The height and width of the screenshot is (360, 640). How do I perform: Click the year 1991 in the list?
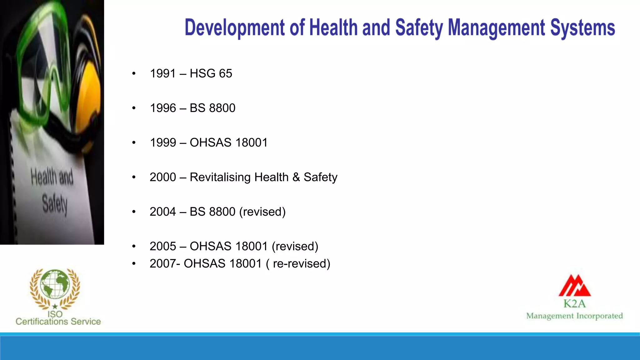162,73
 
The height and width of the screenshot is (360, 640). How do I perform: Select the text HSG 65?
211,73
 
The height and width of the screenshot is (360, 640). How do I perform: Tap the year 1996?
163,108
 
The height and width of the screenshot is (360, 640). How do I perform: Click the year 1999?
163,142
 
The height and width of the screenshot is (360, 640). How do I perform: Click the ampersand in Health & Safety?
296,177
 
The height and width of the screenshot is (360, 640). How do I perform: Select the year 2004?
163,212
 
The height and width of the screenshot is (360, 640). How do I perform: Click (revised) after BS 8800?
262,212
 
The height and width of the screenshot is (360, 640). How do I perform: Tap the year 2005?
163,246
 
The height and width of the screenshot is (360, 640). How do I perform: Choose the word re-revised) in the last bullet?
302,264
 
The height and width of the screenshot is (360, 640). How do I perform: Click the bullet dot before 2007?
134,264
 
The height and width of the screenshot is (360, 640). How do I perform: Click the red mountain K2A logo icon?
574,286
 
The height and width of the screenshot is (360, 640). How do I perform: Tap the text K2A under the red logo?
574,303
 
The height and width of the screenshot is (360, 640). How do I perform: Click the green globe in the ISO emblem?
55,284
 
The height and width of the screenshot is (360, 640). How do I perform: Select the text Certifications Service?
58,322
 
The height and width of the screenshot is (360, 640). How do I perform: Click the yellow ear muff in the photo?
91,94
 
